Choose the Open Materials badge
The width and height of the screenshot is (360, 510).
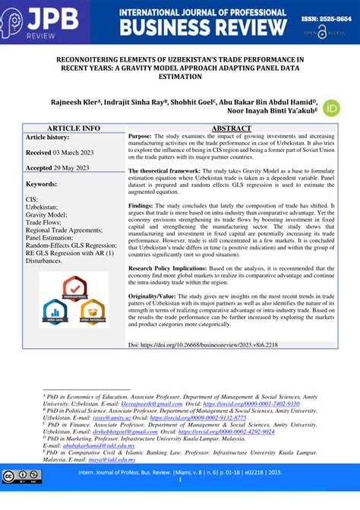91,309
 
